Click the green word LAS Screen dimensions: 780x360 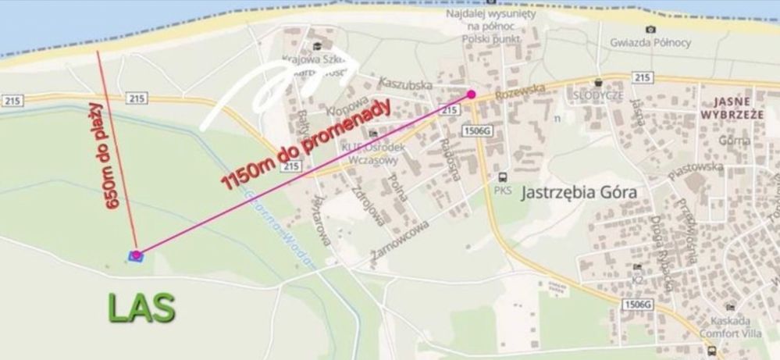pyautogui.click(x=142, y=307)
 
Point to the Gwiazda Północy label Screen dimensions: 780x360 pyautogui.click(x=648, y=45)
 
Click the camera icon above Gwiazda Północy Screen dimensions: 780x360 pyautogui.click(x=650, y=30)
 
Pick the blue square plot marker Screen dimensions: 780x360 pyautogui.click(x=135, y=255)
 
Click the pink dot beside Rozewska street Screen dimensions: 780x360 pyautogui.click(x=472, y=94)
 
